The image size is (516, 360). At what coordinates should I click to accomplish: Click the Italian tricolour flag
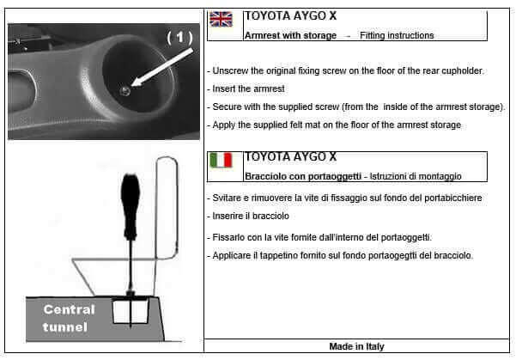pyautogui.click(x=222, y=161)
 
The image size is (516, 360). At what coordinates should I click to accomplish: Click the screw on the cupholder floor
pyautogui.click(x=125, y=89)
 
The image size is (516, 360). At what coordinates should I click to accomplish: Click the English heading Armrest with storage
pyautogui.click(x=289, y=35)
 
